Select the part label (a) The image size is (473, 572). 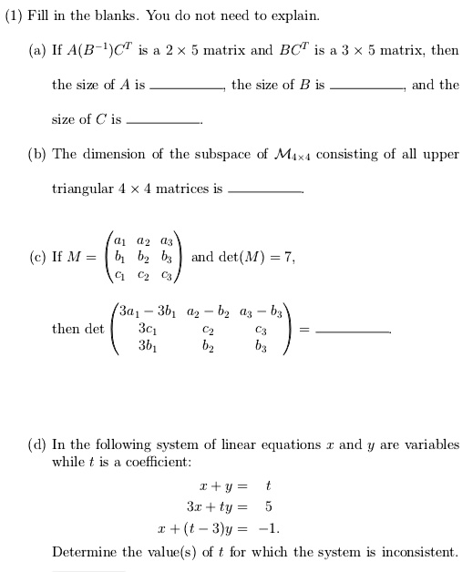click(x=36, y=50)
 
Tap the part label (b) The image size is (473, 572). click(x=36, y=154)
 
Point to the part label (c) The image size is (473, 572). click(x=36, y=258)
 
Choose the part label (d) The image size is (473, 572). click(x=36, y=444)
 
